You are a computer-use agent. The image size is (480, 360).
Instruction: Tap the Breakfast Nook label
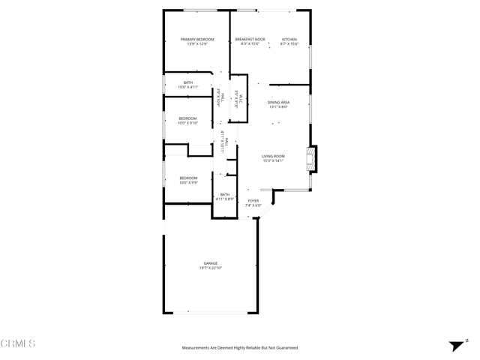250,39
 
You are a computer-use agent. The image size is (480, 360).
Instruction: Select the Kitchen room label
289,39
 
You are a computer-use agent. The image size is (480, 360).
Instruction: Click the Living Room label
273,156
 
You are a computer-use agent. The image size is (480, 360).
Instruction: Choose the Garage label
210,263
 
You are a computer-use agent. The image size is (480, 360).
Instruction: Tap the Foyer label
253,201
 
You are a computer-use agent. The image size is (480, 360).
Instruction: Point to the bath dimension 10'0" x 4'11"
187,87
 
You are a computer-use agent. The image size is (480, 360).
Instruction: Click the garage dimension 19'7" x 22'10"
210,268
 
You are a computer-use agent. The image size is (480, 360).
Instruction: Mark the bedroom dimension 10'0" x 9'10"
187,123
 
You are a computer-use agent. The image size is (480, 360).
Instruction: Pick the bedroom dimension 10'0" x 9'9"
187,182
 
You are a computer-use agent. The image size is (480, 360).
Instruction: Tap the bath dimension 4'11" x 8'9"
225,199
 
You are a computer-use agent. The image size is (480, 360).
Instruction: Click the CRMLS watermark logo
18,344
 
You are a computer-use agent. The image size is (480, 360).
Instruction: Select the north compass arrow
454,345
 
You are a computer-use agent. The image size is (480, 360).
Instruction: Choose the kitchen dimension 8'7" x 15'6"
289,43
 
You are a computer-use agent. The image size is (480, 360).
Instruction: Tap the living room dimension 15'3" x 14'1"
273,160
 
